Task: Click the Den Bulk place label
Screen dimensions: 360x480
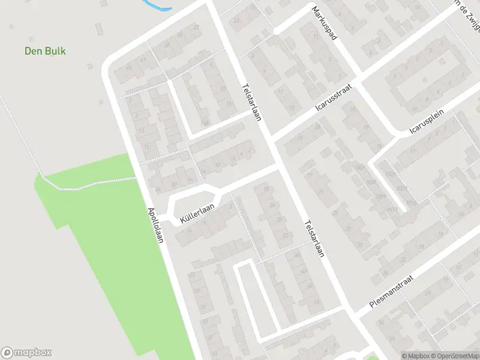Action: tap(45, 51)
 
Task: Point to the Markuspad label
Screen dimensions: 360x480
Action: tap(325, 24)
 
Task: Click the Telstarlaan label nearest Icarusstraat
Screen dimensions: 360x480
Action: tap(251, 101)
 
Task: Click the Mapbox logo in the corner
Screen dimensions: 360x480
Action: tap(26, 353)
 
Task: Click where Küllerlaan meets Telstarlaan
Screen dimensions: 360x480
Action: tap(281, 168)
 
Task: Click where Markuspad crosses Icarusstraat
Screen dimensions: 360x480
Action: tap(359, 79)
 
